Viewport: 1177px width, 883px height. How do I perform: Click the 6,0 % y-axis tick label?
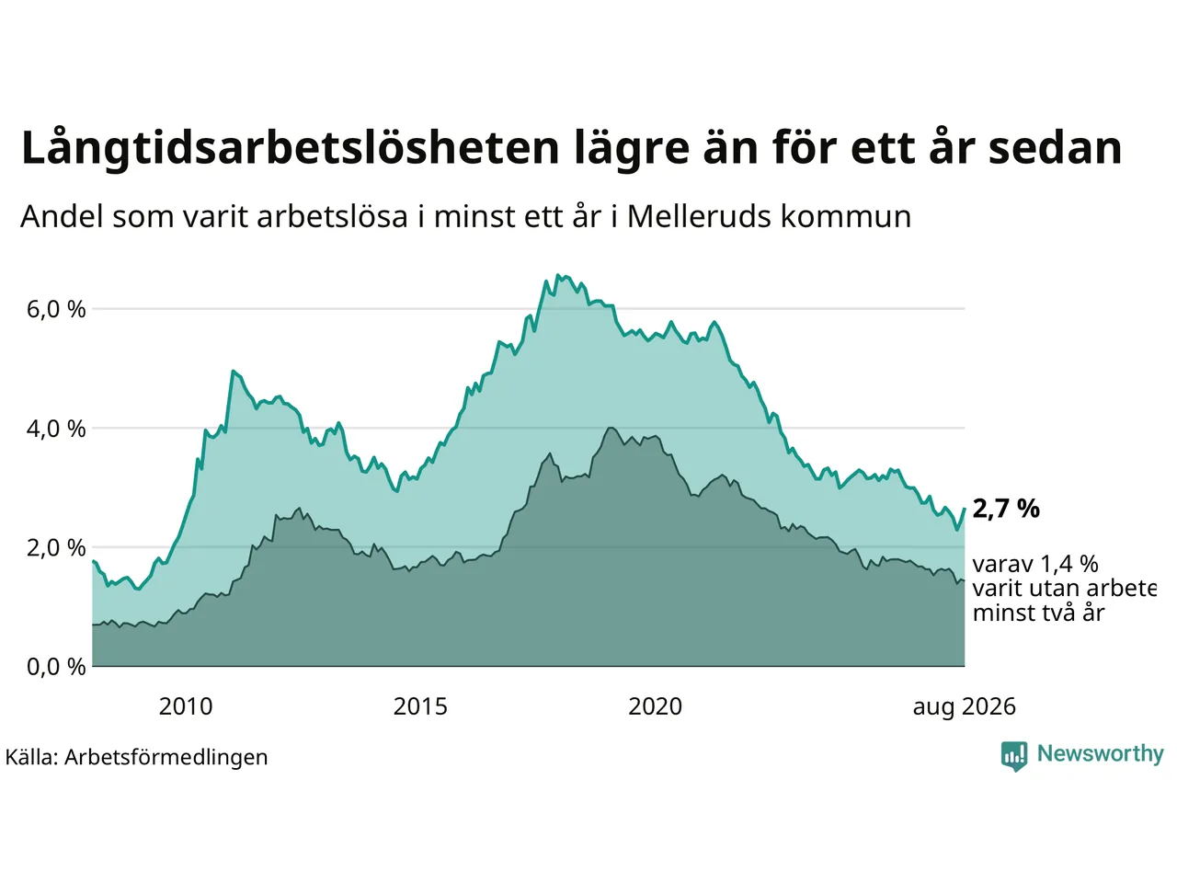[56, 309]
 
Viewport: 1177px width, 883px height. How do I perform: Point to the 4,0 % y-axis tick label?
[56, 429]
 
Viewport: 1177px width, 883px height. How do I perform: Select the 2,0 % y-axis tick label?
[56, 548]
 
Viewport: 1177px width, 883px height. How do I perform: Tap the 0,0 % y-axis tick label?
[56, 667]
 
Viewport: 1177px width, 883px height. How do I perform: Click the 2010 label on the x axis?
[186, 706]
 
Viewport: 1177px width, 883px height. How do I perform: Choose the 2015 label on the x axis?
[420, 706]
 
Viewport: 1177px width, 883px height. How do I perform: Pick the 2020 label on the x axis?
[655, 706]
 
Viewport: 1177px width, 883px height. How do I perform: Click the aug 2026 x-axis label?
[964, 707]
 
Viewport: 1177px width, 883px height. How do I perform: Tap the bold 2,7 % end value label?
[1006, 509]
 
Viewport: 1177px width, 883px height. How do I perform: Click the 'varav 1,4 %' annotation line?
[1035, 565]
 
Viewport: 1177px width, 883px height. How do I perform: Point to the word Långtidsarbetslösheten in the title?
[291, 148]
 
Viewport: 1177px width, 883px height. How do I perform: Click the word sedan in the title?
[1056, 148]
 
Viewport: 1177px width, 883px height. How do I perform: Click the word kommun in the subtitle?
[846, 216]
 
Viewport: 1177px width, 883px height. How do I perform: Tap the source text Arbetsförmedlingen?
[166, 758]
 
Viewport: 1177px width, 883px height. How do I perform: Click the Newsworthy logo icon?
[1014, 756]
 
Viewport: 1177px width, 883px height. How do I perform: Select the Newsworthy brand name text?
[1101, 754]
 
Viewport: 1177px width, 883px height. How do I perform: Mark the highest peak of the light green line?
[557, 275]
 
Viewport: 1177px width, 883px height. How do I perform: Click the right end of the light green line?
[964, 509]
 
